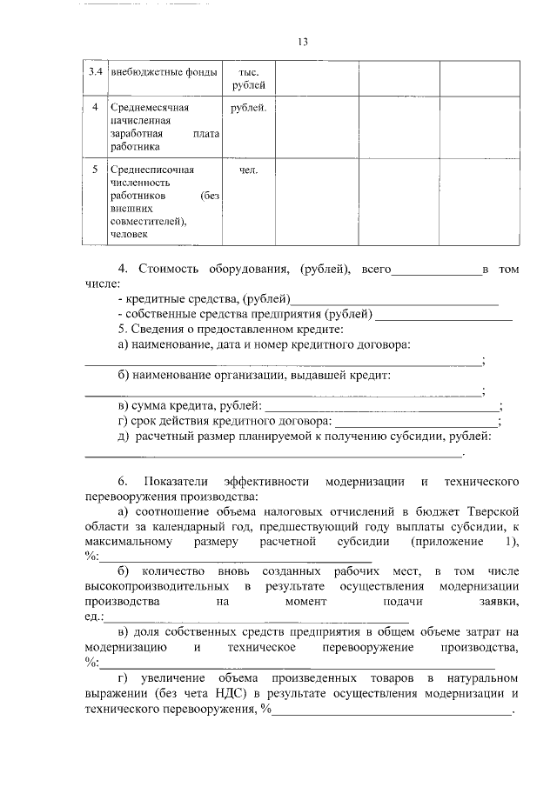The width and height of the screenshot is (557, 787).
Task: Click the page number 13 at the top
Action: pos(303,41)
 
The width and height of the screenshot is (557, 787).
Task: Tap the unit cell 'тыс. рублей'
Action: pos(248,77)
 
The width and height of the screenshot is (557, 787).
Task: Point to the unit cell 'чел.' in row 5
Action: pos(248,170)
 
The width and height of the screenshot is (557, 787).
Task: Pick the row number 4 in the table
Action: pos(95,108)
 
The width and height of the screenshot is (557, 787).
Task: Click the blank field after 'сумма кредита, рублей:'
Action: pos(382,407)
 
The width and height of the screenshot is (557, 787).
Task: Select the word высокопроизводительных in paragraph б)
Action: pos(158,587)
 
